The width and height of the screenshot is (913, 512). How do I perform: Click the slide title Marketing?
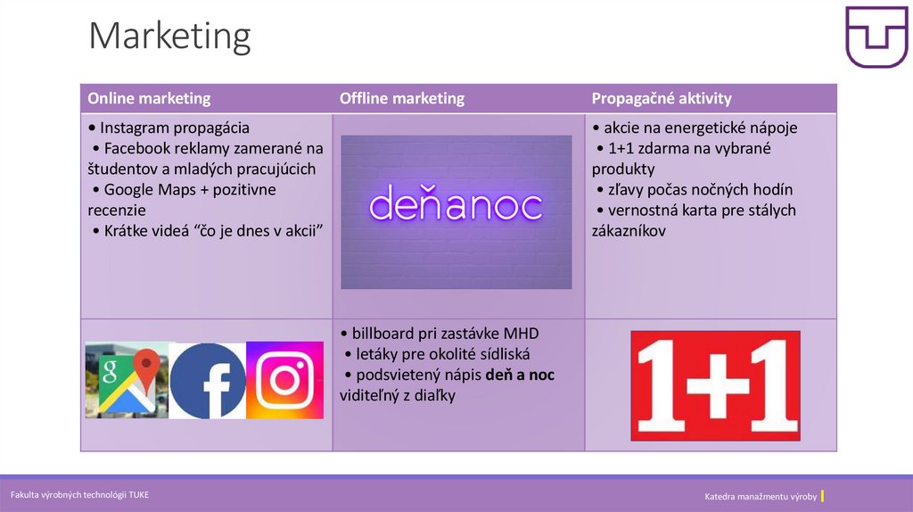point(169,37)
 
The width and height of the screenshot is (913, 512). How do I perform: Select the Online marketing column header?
point(149,98)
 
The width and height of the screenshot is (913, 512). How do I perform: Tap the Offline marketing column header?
point(401,98)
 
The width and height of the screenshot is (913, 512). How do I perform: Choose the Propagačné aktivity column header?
point(661,98)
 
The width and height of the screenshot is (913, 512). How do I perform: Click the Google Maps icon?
point(127,380)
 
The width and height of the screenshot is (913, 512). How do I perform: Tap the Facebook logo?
point(208,380)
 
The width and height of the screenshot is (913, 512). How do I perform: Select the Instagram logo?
point(284,380)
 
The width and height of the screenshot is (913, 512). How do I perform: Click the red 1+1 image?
point(715,385)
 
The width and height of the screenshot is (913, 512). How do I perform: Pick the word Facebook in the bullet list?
point(141,148)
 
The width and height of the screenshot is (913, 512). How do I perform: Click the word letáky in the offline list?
point(377,354)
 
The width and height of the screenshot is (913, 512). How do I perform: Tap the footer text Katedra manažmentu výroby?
point(760,496)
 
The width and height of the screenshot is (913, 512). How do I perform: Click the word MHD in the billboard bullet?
point(520,334)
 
